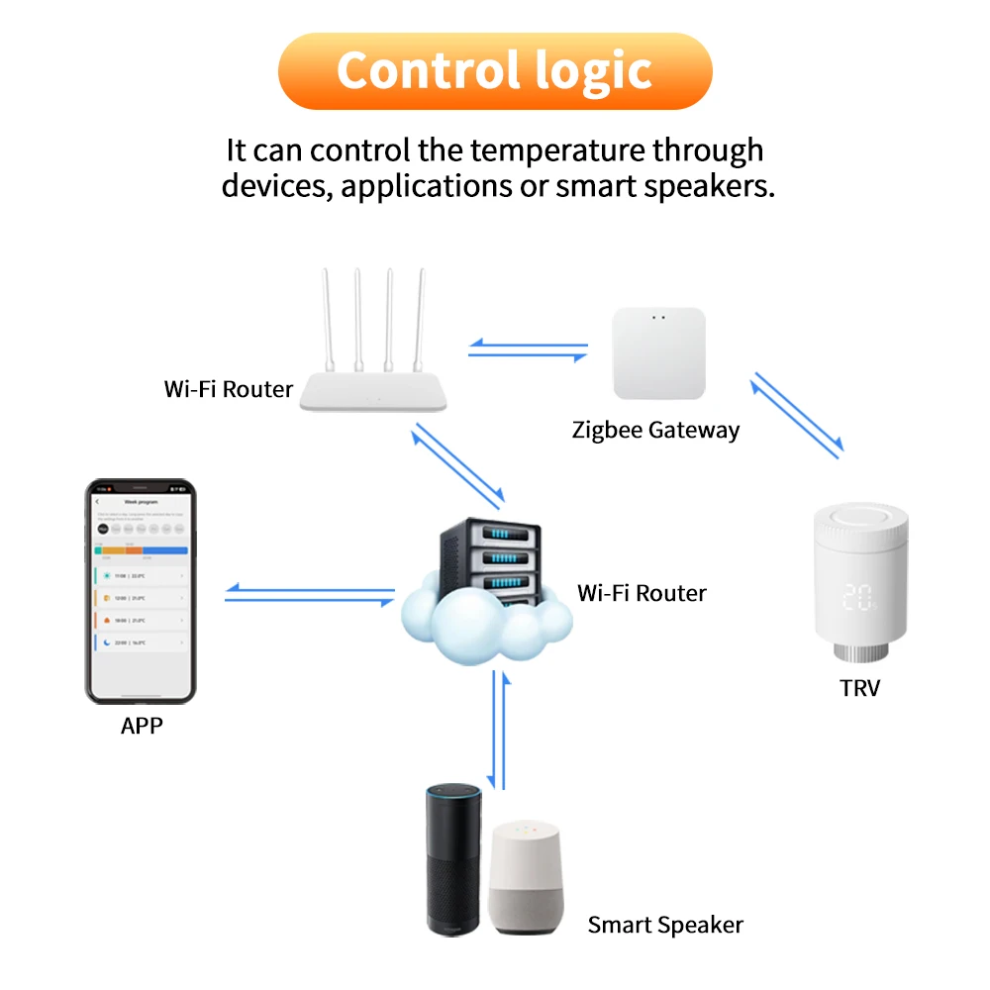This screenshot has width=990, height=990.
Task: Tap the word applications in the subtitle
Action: point(428,185)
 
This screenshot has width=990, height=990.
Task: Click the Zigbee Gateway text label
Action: point(655,430)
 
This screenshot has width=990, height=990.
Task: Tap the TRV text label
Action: point(859,687)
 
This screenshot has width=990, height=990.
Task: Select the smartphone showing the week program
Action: point(141,591)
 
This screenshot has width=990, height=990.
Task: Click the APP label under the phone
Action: point(142,726)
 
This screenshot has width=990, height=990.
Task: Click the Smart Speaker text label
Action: point(665,925)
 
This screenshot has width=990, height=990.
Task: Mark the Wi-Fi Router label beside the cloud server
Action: point(642,593)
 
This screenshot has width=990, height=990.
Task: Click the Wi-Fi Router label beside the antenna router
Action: point(229,389)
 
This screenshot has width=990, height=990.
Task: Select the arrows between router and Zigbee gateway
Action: point(528,347)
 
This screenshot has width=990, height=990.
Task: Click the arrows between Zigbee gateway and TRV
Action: point(798,414)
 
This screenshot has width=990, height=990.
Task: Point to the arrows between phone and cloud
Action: point(310,594)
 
